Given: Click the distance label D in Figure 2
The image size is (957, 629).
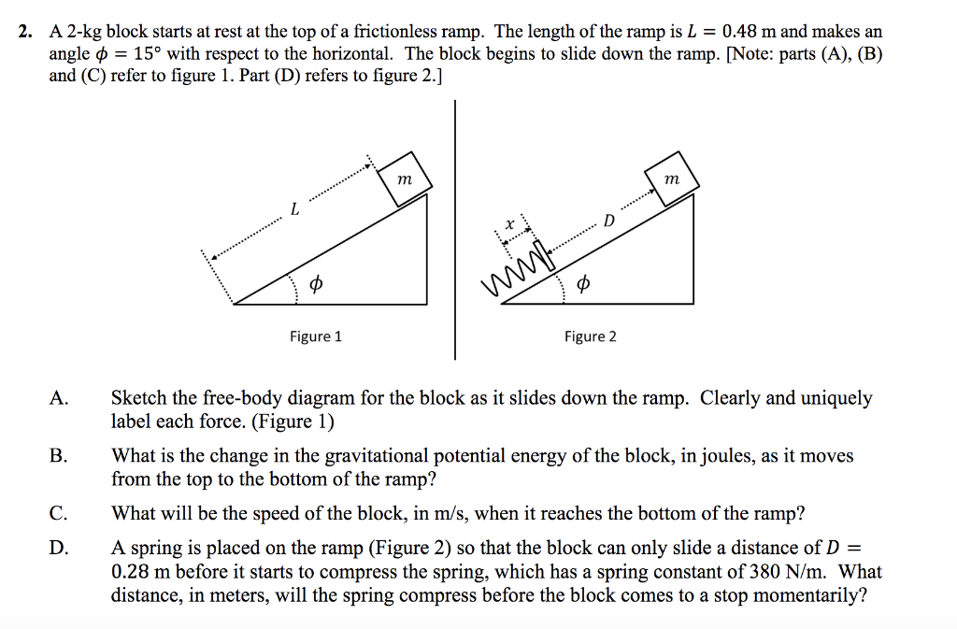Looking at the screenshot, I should tap(609, 222).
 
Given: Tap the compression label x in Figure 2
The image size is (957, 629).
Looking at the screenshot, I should tap(509, 225).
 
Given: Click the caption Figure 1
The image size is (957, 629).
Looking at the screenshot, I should tap(315, 336).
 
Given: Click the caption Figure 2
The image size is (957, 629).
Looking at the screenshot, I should tap(590, 336).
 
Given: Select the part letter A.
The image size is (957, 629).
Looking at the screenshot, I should tap(59, 399).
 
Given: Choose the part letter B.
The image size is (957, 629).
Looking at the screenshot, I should tap(58, 456).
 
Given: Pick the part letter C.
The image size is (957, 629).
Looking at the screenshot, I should tap(58, 513).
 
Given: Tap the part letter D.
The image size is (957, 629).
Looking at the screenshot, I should tap(58, 549).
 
